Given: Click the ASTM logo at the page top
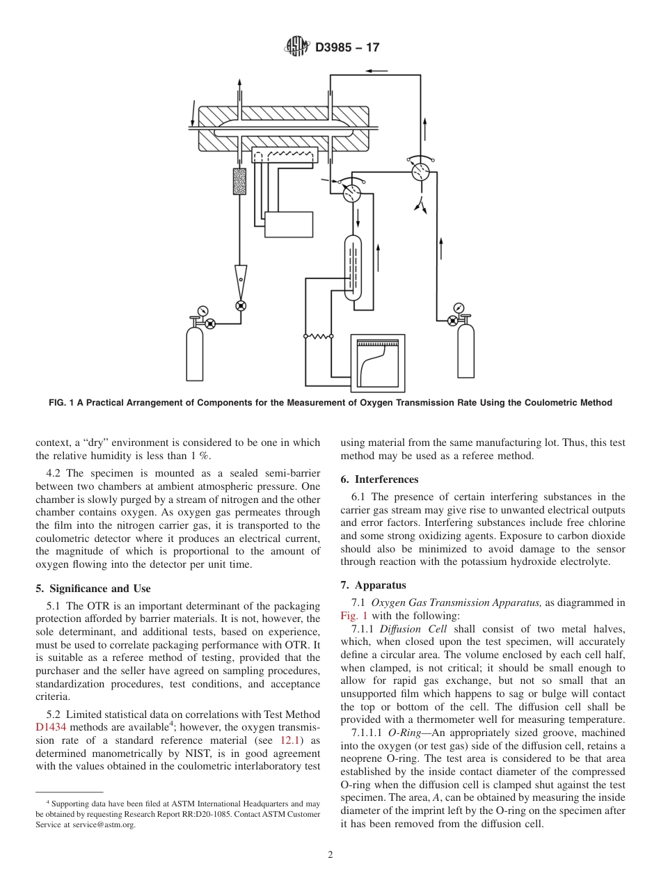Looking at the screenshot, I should click(x=297, y=47).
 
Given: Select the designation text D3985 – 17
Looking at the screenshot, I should click(x=347, y=48).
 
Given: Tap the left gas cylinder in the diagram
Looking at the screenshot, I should click(x=195, y=353).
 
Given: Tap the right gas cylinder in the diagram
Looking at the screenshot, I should click(x=465, y=351).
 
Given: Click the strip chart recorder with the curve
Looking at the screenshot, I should click(x=376, y=363).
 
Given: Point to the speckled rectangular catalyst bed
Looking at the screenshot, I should click(x=240, y=181).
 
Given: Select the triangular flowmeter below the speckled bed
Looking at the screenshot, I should click(x=241, y=278).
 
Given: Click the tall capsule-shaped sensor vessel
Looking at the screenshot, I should click(x=353, y=268).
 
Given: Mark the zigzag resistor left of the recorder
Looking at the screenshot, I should click(x=319, y=336).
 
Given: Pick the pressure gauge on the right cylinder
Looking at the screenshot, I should click(x=459, y=308).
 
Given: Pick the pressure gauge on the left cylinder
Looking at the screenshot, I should click(x=202, y=310).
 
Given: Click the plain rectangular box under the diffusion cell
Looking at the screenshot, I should click(x=289, y=225).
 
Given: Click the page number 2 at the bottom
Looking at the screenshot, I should click(x=330, y=855).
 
